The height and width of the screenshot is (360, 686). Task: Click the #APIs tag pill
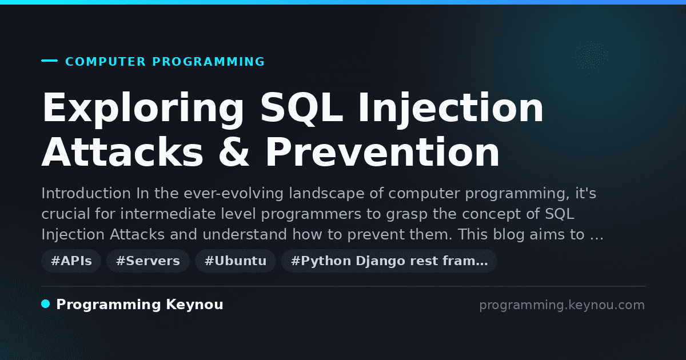pyautogui.click(x=71, y=261)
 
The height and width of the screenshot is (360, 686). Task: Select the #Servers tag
pyautogui.click(x=148, y=261)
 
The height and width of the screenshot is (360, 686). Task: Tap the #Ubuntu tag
pyautogui.click(x=236, y=261)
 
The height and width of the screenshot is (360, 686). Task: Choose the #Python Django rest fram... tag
pyautogui.click(x=389, y=261)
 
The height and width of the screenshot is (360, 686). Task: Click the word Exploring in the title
pyautogui.click(x=143, y=109)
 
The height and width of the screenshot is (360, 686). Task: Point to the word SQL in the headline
pyautogui.click(x=301, y=108)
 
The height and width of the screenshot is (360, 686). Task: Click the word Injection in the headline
pyautogui.click(x=451, y=109)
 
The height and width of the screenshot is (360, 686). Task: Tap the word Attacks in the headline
pyautogui.click(x=122, y=152)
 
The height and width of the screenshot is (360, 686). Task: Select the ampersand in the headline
pyautogui.click(x=234, y=152)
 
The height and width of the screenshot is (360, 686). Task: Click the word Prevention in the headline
pyautogui.click(x=383, y=152)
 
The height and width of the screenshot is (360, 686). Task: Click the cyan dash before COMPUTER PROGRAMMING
pyautogui.click(x=49, y=61)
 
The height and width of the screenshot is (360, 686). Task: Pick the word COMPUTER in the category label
pyautogui.click(x=105, y=62)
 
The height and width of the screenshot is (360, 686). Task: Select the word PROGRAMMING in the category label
pyautogui.click(x=208, y=62)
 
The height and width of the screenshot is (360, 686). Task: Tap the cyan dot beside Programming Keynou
pyautogui.click(x=45, y=304)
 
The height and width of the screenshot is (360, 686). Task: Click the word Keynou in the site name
pyautogui.click(x=194, y=305)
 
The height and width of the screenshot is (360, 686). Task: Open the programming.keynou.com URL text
pyautogui.click(x=562, y=305)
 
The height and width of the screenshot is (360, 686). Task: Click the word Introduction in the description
pyautogui.click(x=86, y=194)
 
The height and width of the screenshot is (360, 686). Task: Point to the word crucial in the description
pyautogui.click(x=66, y=214)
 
